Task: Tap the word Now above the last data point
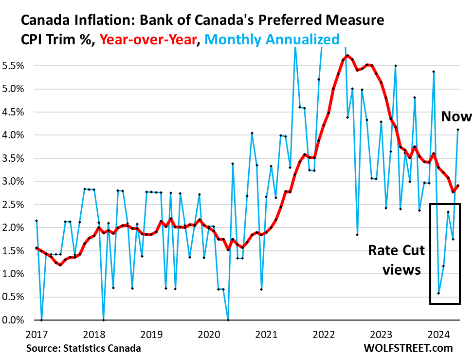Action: (x=456, y=116)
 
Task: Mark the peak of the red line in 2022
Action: (x=347, y=56)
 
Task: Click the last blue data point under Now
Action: (x=458, y=130)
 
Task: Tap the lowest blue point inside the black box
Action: (x=439, y=293)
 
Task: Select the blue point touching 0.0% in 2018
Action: (x=104, y=320)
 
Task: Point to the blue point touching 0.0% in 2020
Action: (x=228, y=320)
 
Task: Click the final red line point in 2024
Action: (x=458, y=186)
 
